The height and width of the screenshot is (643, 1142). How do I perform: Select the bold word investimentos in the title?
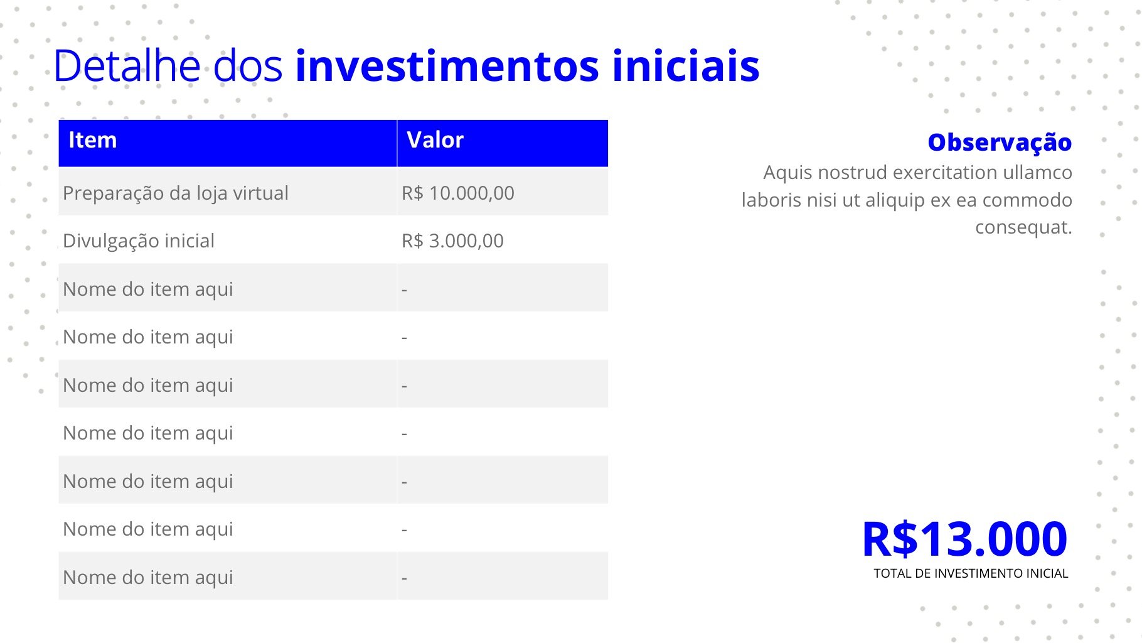point(447,65)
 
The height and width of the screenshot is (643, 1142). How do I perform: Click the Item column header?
point(92,140)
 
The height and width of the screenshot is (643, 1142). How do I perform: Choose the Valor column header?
point(435,140)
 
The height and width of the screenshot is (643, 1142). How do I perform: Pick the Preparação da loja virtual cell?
point(176,193)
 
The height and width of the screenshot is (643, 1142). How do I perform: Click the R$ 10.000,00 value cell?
point(458,193)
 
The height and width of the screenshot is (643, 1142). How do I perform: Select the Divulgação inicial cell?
point(139,241)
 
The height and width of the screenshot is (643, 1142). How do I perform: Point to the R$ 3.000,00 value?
point(452,241)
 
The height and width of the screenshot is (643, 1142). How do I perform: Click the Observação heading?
point(1000,143)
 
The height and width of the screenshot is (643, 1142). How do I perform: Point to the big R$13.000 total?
point(964,539)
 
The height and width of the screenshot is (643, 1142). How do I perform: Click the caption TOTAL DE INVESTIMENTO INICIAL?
point(971,573)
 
